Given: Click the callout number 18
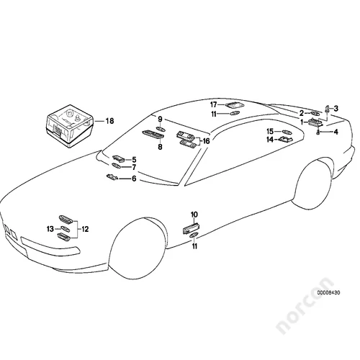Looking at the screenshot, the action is (109, 121).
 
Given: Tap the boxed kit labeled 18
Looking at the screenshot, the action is (70, 126).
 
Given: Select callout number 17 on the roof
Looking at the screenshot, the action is (214, 104).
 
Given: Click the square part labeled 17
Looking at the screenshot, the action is (233, 105).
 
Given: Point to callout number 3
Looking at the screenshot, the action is (336, 109).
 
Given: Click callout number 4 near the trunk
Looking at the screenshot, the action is (336, 132).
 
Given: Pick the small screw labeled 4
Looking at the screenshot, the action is (318, 132).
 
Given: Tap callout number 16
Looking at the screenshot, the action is (206, 141).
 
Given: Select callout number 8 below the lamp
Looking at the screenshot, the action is (160, 147).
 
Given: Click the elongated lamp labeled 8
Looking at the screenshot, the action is (153, 134).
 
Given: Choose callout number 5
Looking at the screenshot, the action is (134, 160).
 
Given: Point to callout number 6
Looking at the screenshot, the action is (134, 179).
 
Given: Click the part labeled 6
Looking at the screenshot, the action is (112, 177).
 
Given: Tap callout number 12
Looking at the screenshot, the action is (85, 229).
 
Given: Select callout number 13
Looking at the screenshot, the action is (50, 229).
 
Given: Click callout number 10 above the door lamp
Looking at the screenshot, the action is (194, 215).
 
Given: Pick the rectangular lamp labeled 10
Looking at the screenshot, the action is (192, 228).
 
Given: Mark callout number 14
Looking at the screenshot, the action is (270, 139).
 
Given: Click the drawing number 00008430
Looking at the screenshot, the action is (328, 293).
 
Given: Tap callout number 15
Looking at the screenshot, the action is (270, 131).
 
